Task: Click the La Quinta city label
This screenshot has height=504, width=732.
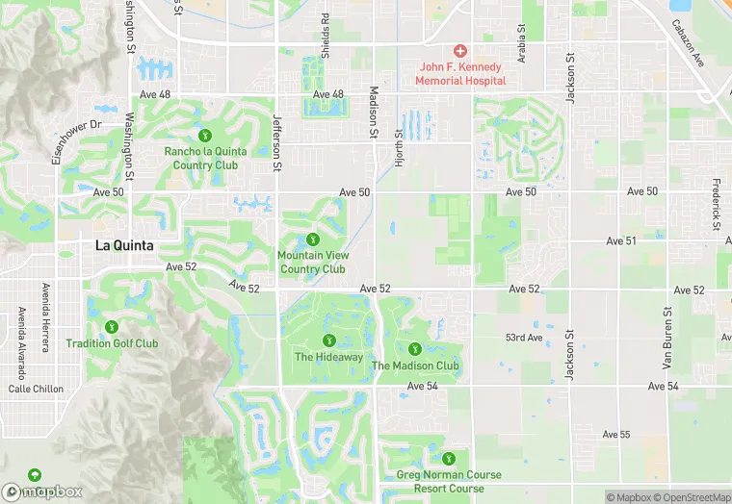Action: point(124,245)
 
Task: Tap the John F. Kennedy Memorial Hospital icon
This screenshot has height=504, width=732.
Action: point(460,50)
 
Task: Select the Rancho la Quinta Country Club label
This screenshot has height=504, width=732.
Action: point(205,158)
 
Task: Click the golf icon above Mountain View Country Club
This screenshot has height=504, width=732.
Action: point(312,239)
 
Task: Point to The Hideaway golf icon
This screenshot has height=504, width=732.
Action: point(328,340)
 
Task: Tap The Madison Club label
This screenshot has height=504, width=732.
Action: point(415,365)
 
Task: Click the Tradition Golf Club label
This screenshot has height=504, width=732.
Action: point(112,343)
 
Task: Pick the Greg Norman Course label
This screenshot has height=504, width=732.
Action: point(448,475)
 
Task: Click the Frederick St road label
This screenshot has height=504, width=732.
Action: point(717,204)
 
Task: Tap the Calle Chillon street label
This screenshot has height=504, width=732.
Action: point(36,390)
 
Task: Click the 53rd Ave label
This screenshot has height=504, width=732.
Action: point(524,338)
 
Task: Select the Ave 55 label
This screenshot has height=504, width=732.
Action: point(616,435)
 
